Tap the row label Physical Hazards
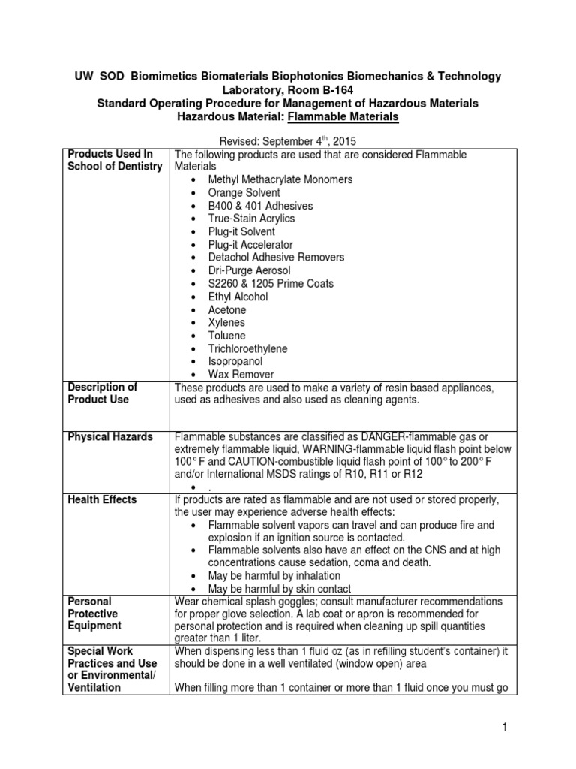(110, 437)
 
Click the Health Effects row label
(102, 499)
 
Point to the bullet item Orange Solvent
(244, 193)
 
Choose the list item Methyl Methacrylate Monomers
(280, 180)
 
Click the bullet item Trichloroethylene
(248, 348)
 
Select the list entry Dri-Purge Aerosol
(250, 270)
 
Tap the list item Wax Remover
(241, 374)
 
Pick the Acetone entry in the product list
(227, 310)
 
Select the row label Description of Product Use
(103, 394)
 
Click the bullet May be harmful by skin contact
(280, 589)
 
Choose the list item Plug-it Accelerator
(250, 245)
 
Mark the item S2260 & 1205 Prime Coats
(271, 284)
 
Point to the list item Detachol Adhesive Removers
(277, 258)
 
